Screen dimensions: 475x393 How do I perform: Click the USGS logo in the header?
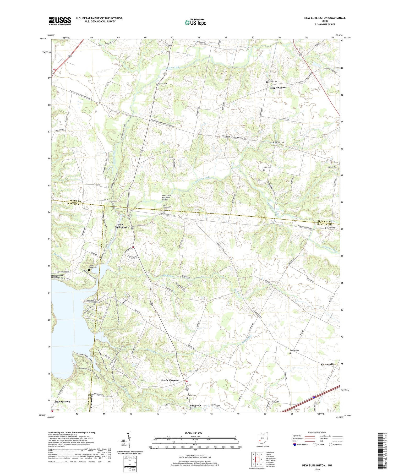click(x=60, y=21)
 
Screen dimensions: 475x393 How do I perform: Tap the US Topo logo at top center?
click(x=195, y=22)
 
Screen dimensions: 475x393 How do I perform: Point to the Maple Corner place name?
click(x=278, y=88)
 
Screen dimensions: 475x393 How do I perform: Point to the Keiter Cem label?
click(x=331, y=228)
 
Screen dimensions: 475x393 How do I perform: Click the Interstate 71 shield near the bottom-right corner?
click(x=314, y=398)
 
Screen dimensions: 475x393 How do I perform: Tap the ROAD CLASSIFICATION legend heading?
click(x=317, y=433)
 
